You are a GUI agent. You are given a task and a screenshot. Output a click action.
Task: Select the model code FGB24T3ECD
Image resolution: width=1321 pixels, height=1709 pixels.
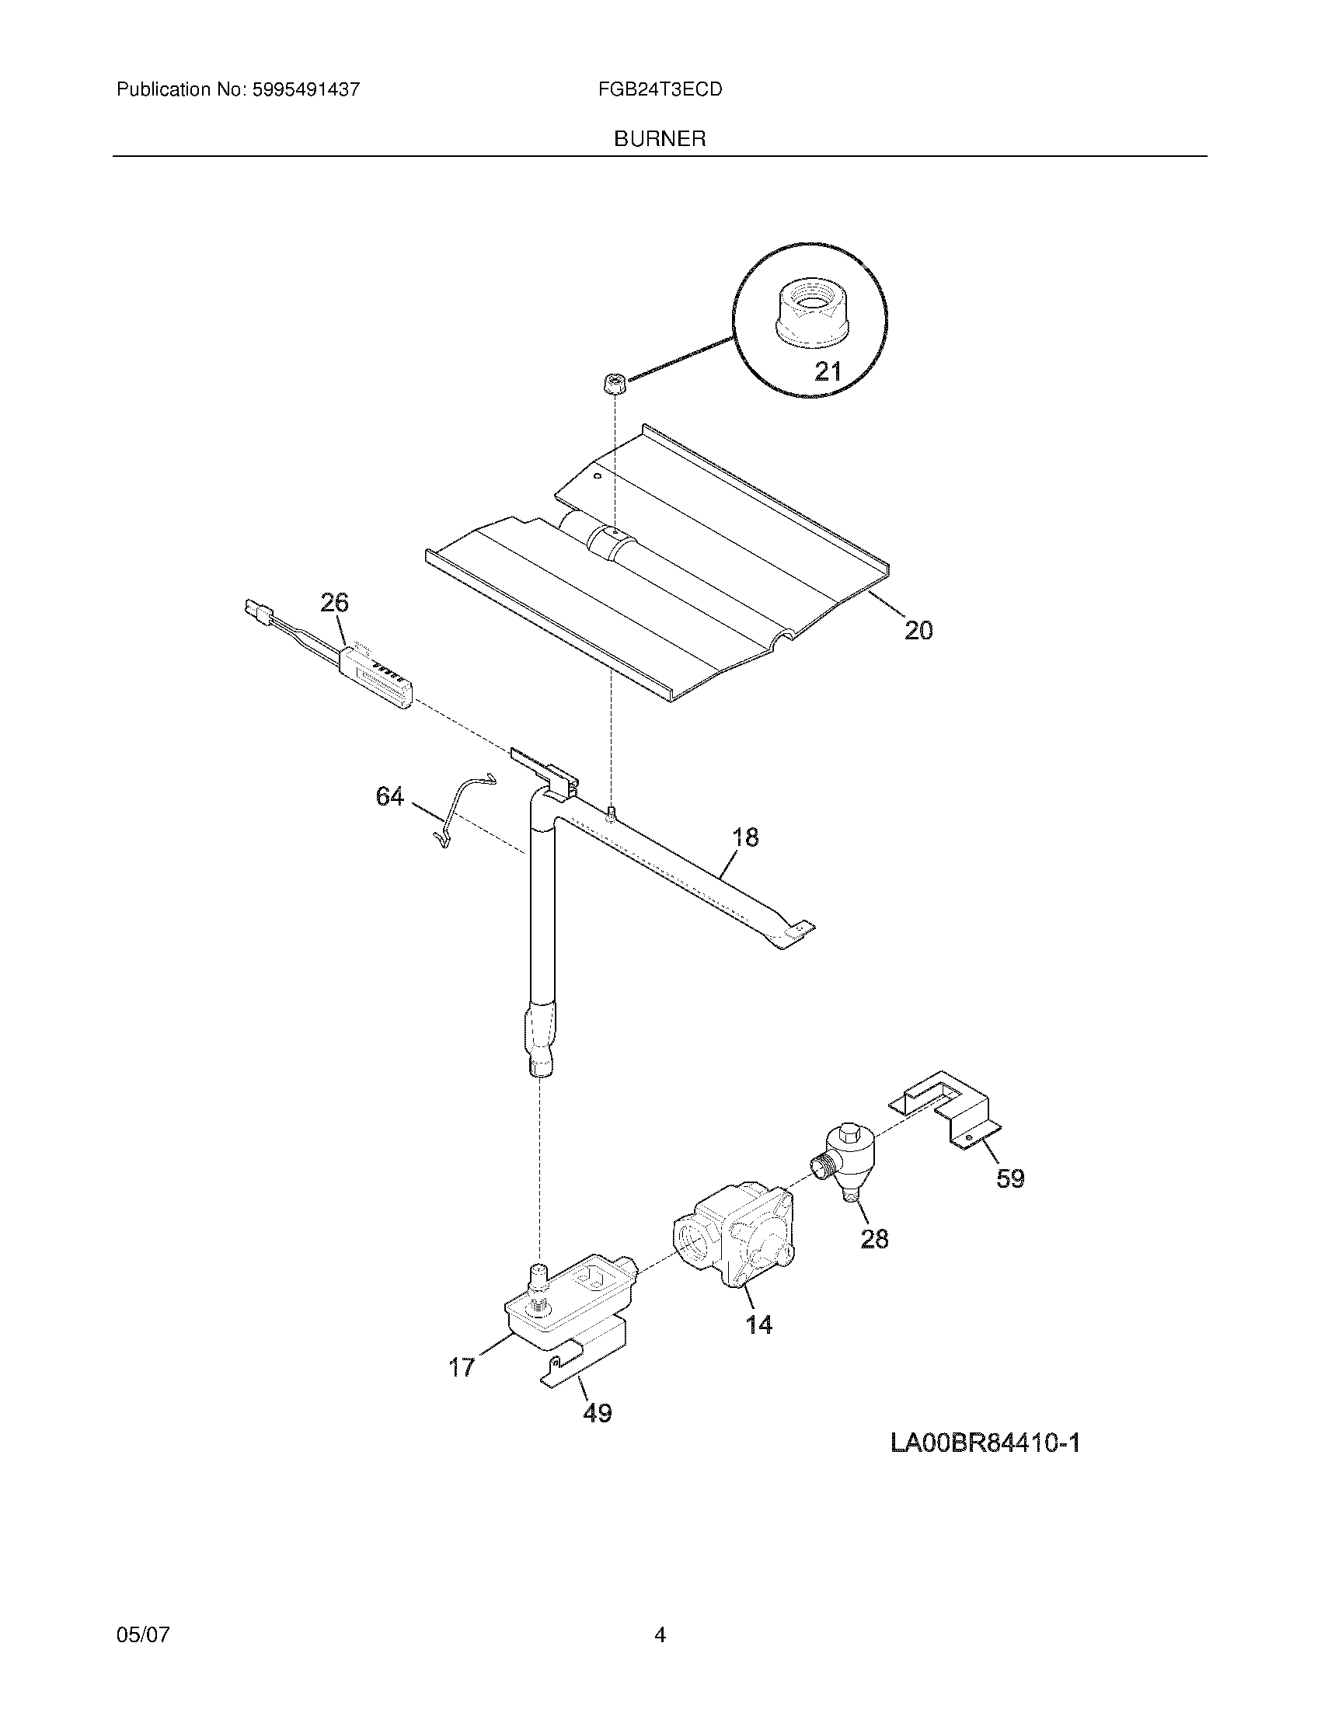pyautogui.click(x=660, y=90)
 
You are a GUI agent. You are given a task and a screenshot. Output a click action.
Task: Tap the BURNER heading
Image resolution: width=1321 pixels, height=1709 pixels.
pyautogui.click(x=660, y=139)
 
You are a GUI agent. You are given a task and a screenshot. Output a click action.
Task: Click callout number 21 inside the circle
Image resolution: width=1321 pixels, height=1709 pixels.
pyautogui.click(x=828, y=370)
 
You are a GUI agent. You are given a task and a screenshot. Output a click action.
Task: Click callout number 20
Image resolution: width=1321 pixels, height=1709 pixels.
pyautogui.click(x=918, y=630)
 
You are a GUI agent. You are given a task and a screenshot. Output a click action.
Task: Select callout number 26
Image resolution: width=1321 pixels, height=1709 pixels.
pyautogui.click(x=334, y=603)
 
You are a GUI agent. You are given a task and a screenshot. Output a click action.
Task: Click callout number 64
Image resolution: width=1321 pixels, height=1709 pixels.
pyautogui.click(x=389, y=796)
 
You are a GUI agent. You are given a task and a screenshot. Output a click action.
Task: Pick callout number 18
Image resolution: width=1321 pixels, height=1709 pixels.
pyautogui.click(x=745, y=837)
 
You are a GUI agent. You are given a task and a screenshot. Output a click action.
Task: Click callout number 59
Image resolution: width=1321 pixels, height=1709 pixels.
pyautogui.click(x=1009, y=1178)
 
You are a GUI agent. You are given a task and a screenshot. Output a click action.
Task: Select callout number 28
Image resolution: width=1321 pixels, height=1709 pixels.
pyautogui.click(x=874, y=1239)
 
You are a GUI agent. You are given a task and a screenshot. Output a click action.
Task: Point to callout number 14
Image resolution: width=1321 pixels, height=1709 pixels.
pyautogui.click(x=758, y=1324)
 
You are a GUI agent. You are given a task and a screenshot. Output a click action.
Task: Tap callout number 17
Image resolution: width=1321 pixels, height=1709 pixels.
pyautogui.click(x=462, y=1367)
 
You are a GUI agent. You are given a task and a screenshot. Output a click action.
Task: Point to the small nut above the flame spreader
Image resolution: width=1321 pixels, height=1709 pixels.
pyautogui.click(x=615, y=385)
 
